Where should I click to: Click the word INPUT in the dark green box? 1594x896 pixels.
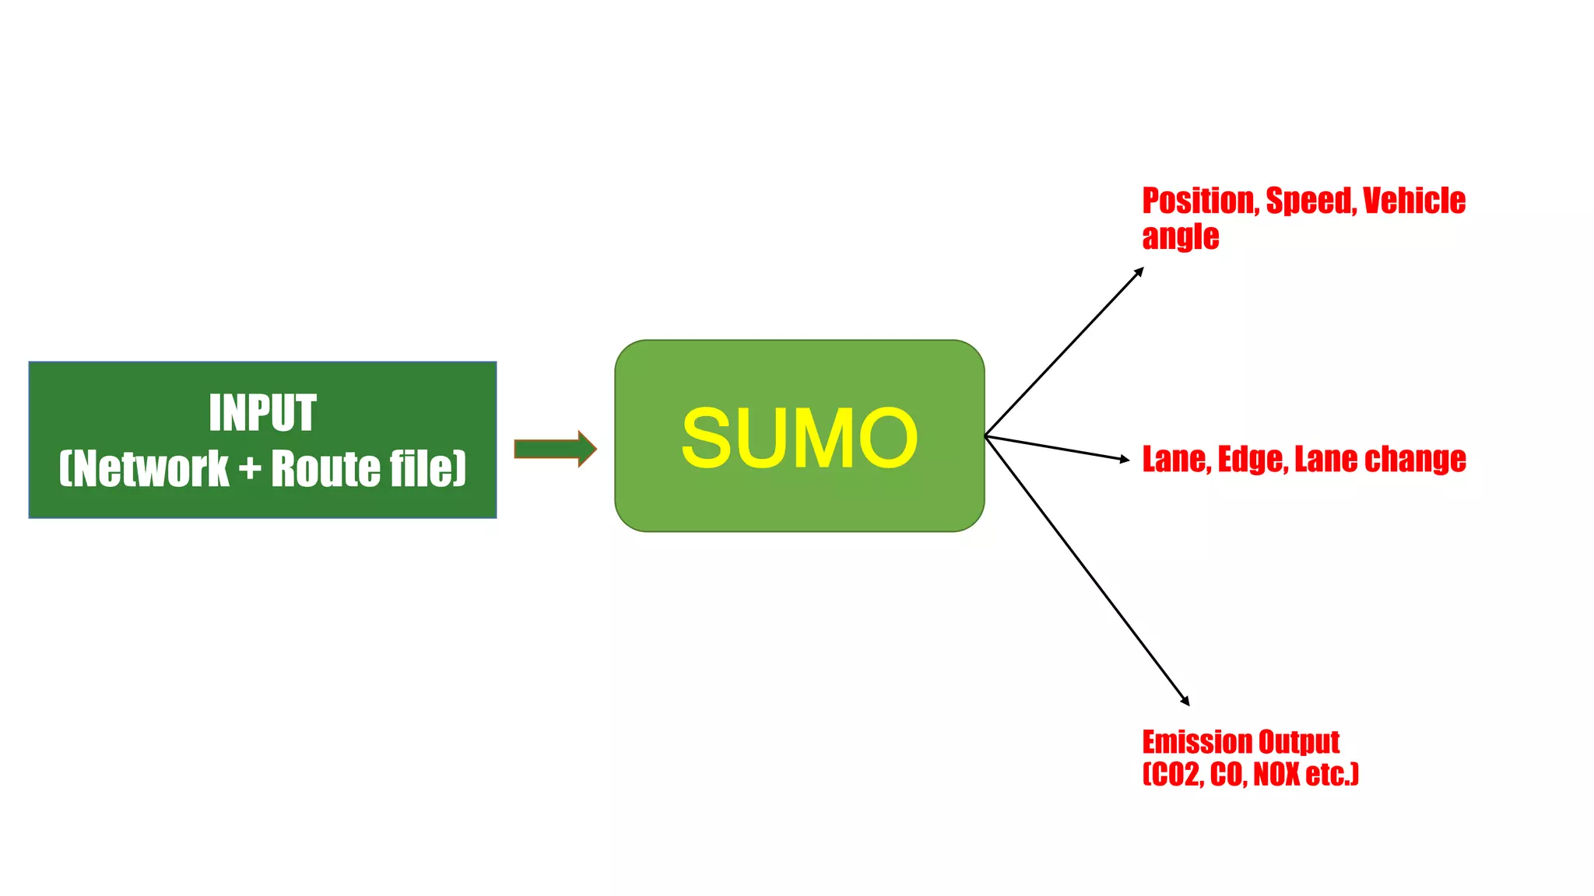(262, 413)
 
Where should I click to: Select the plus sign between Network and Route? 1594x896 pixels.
(250, 469)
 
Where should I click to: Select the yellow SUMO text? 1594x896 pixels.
(799, 438)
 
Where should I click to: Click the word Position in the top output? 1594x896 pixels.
(1199, 201)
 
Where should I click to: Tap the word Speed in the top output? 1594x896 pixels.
(1311, 201)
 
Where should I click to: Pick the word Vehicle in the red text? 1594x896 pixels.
(1414, 201)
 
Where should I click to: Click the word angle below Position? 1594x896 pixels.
(1180, 237)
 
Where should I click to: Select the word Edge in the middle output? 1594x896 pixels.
(1252, 460)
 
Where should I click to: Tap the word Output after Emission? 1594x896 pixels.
(1299, 743)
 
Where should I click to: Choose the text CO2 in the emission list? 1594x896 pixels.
(1172, 775)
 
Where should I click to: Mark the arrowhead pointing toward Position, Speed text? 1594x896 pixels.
(1139, 272)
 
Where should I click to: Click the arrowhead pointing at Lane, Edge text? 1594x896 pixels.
(1124, 460)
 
